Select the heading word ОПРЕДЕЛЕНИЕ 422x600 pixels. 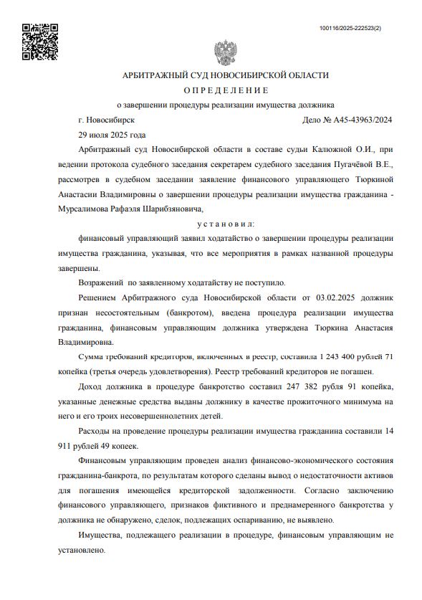tap(226, 90)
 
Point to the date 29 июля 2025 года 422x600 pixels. tap(112, 135)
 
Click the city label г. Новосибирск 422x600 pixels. tap(107, 120)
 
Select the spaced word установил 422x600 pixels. tap(226, 224)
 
